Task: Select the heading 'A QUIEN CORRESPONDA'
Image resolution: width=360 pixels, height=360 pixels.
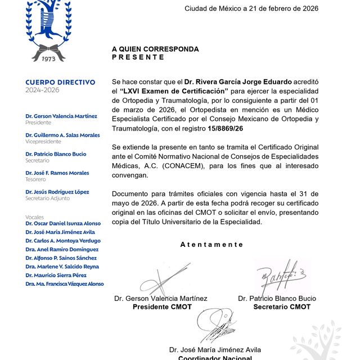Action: [155, 49]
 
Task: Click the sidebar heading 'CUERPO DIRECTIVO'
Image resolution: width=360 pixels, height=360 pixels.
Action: [60, 82]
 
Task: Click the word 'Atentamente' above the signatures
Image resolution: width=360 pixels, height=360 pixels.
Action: [211, 245]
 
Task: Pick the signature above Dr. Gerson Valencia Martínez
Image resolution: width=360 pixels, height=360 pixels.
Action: [159, 279]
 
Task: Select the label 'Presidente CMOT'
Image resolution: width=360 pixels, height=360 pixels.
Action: [162, 307]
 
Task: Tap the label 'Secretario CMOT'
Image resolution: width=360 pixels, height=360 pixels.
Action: [282, 307]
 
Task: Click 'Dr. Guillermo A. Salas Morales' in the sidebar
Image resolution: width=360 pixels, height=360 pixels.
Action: [62, 135]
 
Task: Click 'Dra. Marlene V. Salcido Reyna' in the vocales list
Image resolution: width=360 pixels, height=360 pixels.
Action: [62, 267]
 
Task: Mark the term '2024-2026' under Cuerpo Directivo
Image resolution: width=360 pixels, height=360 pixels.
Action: [42, 90]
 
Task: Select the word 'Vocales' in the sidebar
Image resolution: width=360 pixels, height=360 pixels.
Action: [34, 217]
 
